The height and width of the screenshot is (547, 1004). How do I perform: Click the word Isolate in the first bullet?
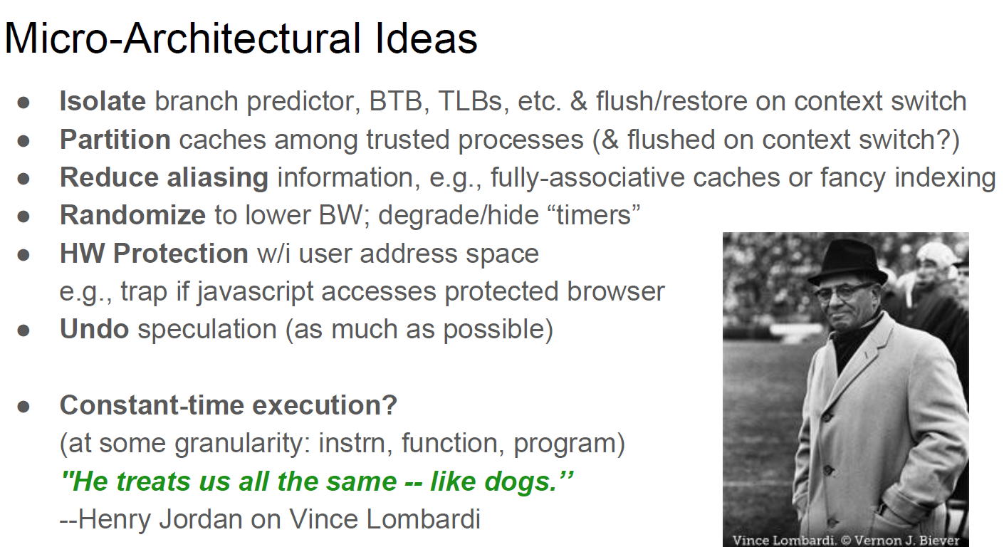click(x=103, y=101)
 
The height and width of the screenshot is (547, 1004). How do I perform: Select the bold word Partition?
click(x=115, y=140)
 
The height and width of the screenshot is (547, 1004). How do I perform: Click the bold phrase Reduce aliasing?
click(x=164, y=178)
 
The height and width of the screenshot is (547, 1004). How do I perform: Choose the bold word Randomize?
click(x=132, y=215)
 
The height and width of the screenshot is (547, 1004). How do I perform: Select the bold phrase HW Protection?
click(x=154, y=254)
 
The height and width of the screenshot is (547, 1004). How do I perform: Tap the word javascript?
click(x=256, y=292)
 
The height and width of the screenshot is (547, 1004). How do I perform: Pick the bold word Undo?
click(x=95, y=329)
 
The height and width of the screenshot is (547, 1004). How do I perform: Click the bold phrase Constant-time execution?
click(x=229, y=405)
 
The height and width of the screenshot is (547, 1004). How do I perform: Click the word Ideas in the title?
click(x=427, y=39)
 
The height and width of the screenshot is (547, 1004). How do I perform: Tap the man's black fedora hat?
click(x=847, y=262)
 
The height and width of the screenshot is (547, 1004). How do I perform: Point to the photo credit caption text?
click(x=846, y=541)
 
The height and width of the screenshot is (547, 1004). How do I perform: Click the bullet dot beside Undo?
click(x=23, y=331)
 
